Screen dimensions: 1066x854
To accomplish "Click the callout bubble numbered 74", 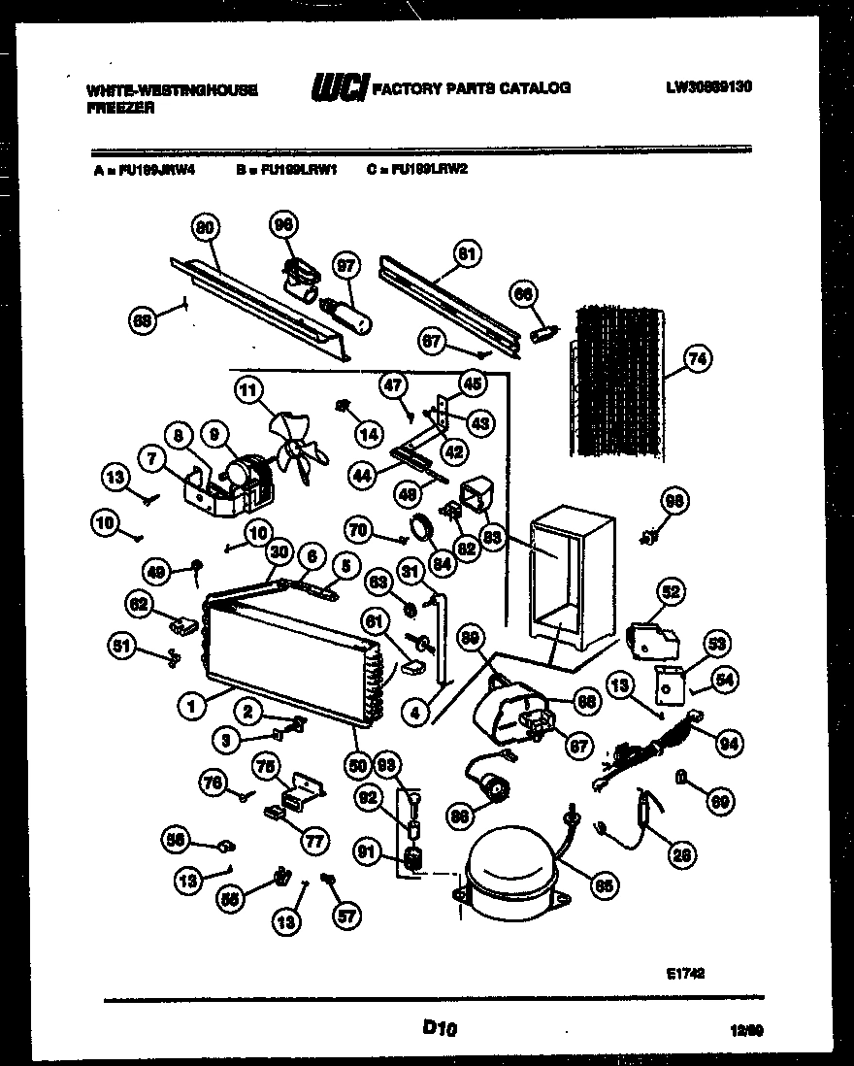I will pyautogui.click(x=696, y=358).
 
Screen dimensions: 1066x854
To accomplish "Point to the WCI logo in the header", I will pyautogui.click(x=339, y=88).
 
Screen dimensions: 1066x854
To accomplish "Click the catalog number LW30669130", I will pyautogui.click(x=709, y=87).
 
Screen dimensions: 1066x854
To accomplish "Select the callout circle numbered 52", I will pyautogui.click(x=670, y=590).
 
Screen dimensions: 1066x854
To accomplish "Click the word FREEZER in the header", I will pyautogui.click(x=119, y=109).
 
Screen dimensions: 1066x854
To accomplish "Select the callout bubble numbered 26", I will pyautogui.click(x=682, y=855).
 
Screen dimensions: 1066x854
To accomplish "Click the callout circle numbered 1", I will pyautogui.click(x=192, y=708).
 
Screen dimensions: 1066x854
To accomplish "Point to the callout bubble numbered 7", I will pyautogui.click(x=152, y=453).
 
